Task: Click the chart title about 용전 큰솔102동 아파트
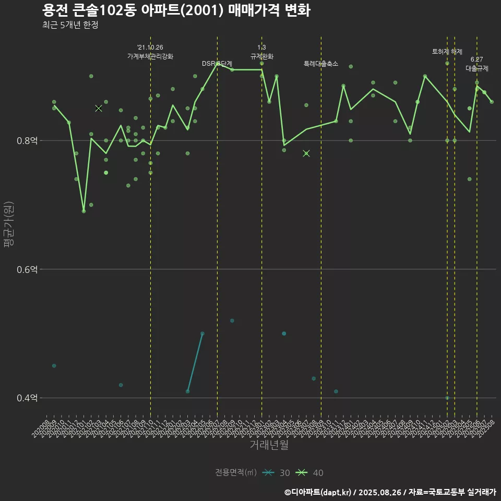click(176, 10)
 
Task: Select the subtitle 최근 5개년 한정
click(70, 25)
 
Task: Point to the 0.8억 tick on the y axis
click(28, 140)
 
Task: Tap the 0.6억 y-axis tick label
click(28, 269)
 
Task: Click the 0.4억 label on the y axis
click(28, 398)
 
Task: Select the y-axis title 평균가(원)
click(9, 224)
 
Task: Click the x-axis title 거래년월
click(269, 445)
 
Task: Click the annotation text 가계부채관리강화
click(150, 56)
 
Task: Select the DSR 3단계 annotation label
click(217, 64)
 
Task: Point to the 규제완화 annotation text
click(261, 56)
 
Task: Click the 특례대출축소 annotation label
click(321, 64)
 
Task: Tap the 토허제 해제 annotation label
click(447, 52)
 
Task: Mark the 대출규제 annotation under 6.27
click(477, 68)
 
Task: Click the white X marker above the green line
click(99, 108)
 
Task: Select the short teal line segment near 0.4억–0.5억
click(195, 362)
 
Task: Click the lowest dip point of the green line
click(83, 211)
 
